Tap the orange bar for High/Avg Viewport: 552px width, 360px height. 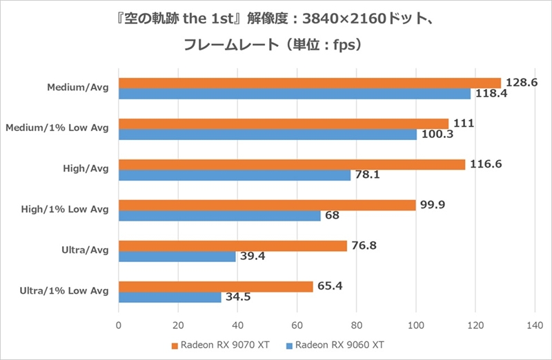click(x=291, y=164)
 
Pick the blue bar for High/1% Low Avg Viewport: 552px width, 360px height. click(x=219, y=216)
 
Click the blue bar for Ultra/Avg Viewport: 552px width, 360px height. click(x=177, y=257)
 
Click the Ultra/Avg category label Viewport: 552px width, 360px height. click(x=83, y=250)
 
